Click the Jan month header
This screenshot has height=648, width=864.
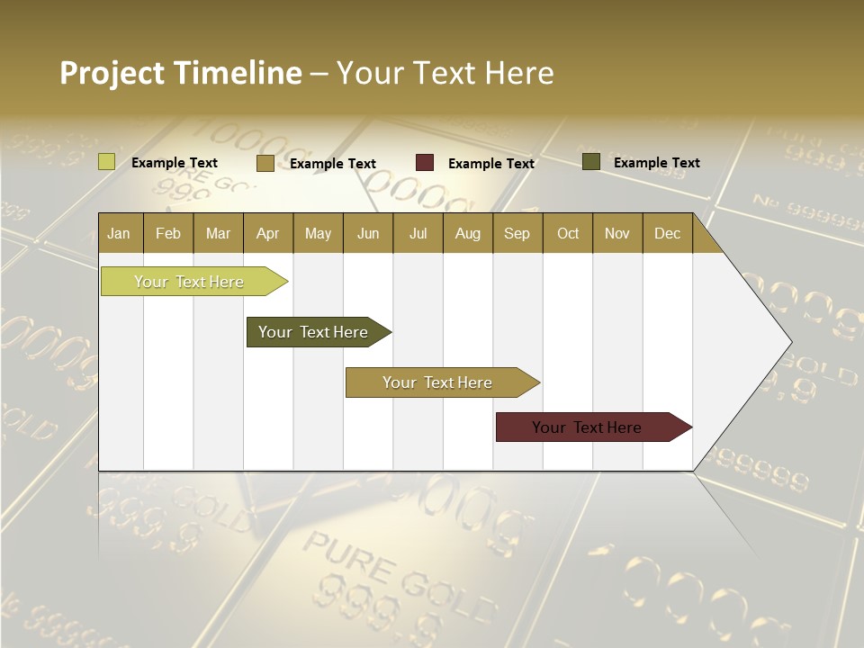coord(119,233)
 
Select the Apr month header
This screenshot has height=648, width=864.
coord(267,233)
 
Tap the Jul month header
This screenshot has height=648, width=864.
coord(418,233)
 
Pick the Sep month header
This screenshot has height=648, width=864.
coord(517,233)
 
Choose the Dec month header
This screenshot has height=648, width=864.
coord(667,233)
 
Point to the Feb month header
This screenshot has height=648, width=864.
coord(168,233)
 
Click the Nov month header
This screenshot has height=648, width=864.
coord(616,233)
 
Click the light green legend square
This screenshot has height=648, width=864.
coord(106,162)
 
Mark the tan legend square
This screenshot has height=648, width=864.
coord(265,163)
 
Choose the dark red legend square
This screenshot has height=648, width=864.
coord(425,163)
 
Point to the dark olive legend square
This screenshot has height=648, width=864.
coord(591,162)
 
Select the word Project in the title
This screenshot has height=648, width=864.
coord(112,73)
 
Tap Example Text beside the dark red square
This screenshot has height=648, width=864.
coord(490,163)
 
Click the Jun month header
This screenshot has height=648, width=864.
coord(367,233)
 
